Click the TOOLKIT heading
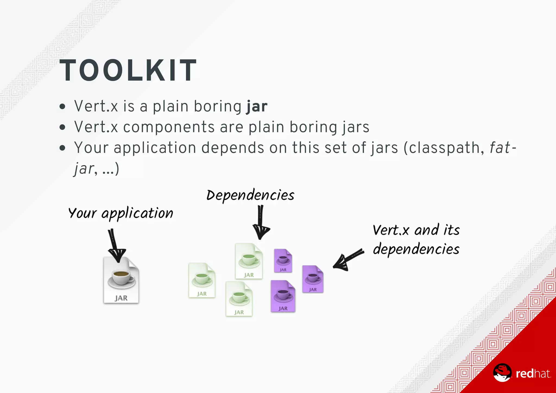(x=128, y=70)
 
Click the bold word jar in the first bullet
(x=257, y=106)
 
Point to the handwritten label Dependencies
(x=250, y=195)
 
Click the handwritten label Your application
(x=121, y=213)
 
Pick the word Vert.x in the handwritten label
(x=391, y=230)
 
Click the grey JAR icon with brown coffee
(x=121, y=280)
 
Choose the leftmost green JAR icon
(x=202, y=280)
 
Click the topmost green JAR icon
(x=249, y=261)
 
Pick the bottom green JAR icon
(x=239, y=299)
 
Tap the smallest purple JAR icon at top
(x=283, y=261)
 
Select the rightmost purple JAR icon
(x=313, y=279)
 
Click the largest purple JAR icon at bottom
(x=283, y=296)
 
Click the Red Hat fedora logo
(x=502, y=373)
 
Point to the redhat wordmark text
(x=533, y=374)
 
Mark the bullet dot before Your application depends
(x=62, y=148)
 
